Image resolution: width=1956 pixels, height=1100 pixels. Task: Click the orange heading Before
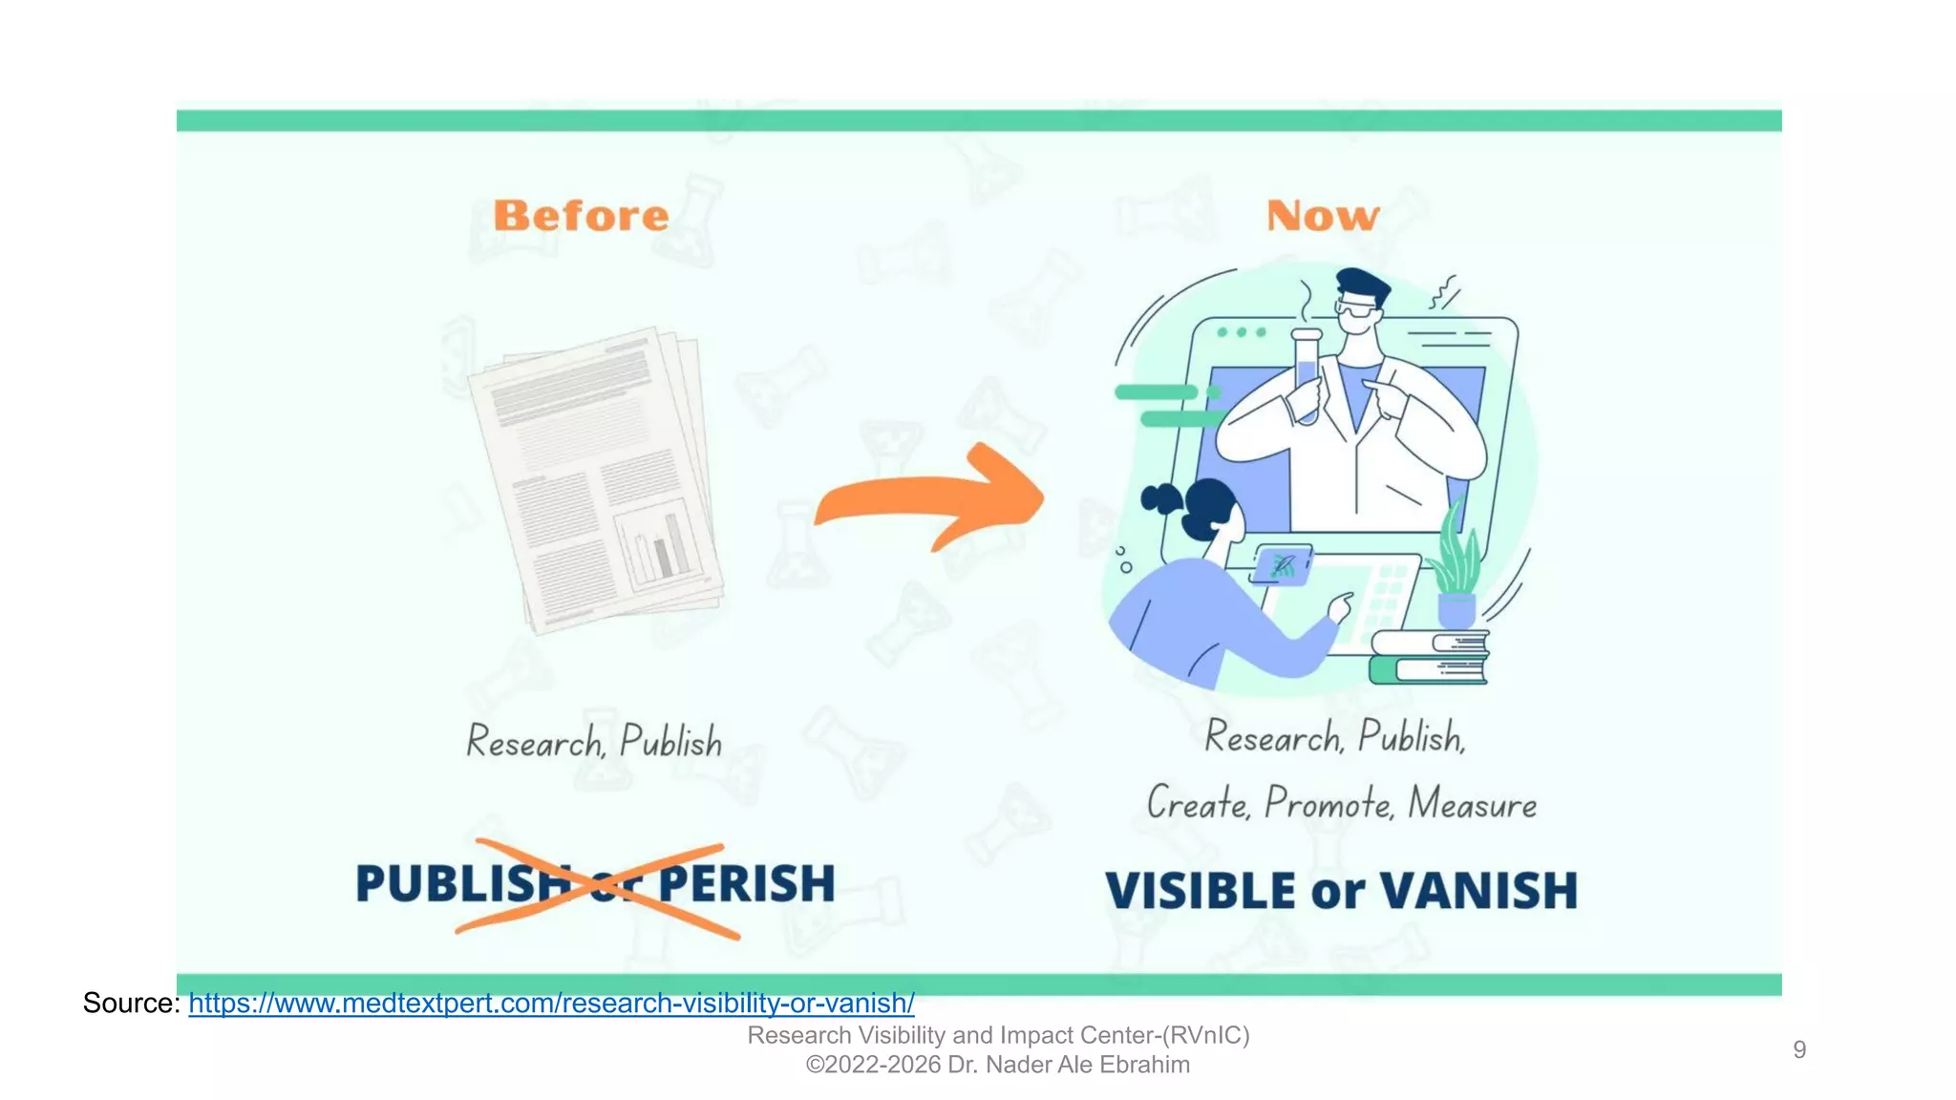pyautogui.click(x=581, y=216)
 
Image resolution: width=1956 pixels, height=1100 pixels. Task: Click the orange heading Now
pyautogui.click(x=1323, y=216)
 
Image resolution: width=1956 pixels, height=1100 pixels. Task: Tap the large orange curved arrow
pyautogui.click(x=931, y=499)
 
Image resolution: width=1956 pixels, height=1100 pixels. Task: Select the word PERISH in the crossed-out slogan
pyautogui.click(x=747, y=883)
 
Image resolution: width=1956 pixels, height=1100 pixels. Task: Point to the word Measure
pyautogui.click(x=1472, y=804)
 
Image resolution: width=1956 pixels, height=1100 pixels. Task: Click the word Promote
pyautogui.click(x=1329, y=804)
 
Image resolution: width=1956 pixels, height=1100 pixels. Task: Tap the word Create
pyautogui.click(x=1198, y=804)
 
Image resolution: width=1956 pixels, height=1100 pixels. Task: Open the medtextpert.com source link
pyautogui.click(x=551, y=1004)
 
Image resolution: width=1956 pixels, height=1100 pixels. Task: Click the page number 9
pyautogui.click(x=1799, y=1049)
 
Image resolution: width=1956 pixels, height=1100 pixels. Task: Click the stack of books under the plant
pyautogui.click(x=1429, y=658)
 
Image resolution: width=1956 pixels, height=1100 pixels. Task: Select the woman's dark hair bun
pyautogui.click(x=1162, y=497)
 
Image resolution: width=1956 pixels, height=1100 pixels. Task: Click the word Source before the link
pyautogui.click(x=131, y=1004)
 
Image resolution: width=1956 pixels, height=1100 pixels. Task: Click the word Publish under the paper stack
pyautogui.click(x=670, y=742)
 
